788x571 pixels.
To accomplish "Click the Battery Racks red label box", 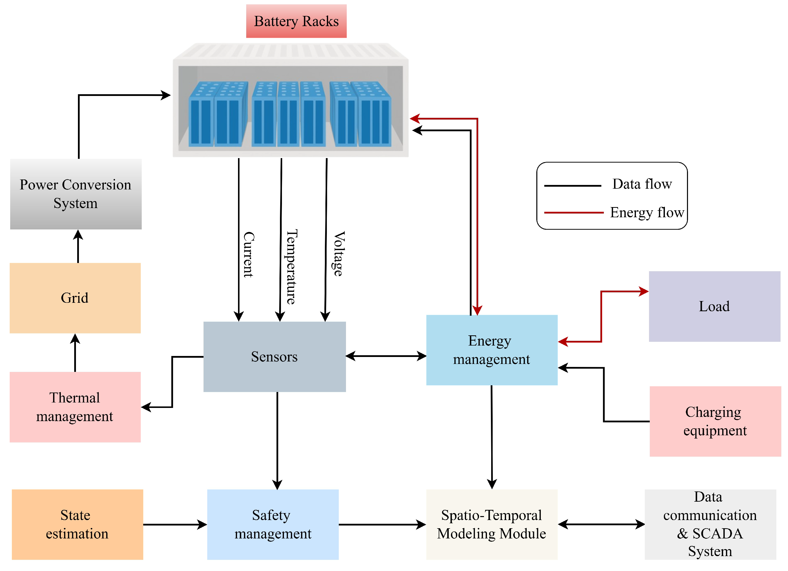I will coord(296,21).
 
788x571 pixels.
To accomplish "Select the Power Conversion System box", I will coord(76,194).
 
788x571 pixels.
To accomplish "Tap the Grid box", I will coord(75,298).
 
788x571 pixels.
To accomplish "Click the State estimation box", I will coord(77,524).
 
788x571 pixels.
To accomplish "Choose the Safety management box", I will coord(273,524).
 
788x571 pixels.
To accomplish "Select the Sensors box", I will coord(274,357).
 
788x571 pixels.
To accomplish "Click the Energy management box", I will coord(492,350).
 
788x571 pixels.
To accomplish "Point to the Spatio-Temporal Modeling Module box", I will coord(492,524).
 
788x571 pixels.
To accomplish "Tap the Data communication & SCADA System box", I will coord(710,524).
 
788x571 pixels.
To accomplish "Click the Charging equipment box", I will coord(715,421).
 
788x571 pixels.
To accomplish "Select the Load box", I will coord(714,306).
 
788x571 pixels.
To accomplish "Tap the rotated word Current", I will coord(248,255).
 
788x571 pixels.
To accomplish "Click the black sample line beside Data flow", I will coord(572,186).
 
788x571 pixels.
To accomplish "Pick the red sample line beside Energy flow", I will coord(573,213).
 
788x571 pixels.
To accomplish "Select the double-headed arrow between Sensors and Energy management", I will coord(386,356).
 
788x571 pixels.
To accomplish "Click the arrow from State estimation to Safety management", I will coord(175,524).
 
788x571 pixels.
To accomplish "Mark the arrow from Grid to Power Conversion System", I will coord(78,246).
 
